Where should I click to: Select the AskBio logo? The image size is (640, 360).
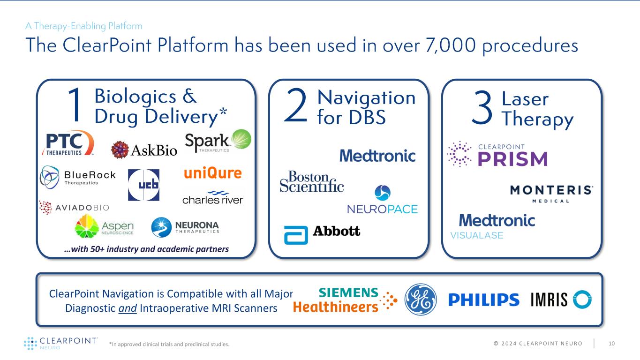(x=144, y=150)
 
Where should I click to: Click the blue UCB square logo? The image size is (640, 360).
(x=143, y=185)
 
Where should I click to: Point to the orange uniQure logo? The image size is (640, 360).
(x=212, y=173)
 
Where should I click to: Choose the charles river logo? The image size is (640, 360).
(x=213, y=198)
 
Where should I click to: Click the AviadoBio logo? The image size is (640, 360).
(x=74, y=207)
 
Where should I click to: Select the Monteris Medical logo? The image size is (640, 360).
(x=551, y=193)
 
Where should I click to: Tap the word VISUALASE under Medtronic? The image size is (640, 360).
(x=476, y=236)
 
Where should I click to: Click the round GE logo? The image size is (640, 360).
(x=421, y=300)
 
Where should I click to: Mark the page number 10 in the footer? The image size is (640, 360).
(x=611, y=344)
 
